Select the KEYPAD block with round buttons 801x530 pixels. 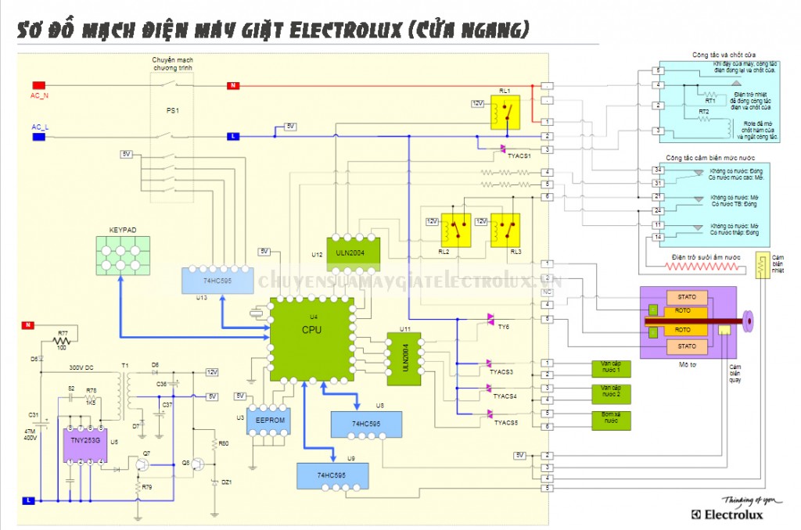122,253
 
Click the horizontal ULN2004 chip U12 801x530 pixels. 353,252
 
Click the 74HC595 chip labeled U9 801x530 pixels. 332,474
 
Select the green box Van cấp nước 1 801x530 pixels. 610,368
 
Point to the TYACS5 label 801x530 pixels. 505,422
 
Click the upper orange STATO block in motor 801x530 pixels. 687,297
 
